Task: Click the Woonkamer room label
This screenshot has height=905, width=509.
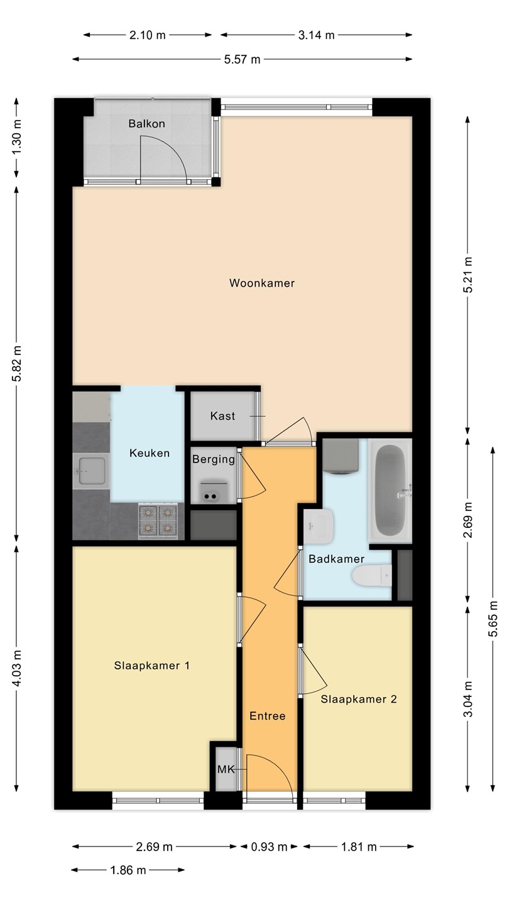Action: coord(262,283)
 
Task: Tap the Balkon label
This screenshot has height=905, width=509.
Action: coord(146,124)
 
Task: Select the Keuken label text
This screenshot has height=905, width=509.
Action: coord(150,453)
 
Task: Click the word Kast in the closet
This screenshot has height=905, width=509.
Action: coord(222,416)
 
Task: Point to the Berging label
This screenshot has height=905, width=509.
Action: coord(213,459)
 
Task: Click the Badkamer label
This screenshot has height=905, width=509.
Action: coord(337,559)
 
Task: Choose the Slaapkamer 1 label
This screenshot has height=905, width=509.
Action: coord(152,666)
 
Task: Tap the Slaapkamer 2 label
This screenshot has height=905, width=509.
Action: coord(359,699)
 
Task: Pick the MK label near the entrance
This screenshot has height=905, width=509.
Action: coord(226,770)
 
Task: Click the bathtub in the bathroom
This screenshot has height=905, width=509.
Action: coord(390,490)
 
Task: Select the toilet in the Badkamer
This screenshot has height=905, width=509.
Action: coord(371,575)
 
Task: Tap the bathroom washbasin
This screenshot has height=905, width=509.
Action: coord(319,526)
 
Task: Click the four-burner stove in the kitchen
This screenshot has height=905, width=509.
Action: coord(158,521)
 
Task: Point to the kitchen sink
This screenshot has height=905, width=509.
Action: coord(91,471)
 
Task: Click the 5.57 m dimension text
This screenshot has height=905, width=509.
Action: coord(243,60)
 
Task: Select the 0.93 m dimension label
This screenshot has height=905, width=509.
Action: coord(269,847)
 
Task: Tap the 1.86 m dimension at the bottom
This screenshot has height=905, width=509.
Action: coord(128,870)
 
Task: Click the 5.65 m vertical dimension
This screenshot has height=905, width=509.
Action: coord(493,618)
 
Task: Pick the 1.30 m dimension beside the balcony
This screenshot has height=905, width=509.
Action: coord(16,138)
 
